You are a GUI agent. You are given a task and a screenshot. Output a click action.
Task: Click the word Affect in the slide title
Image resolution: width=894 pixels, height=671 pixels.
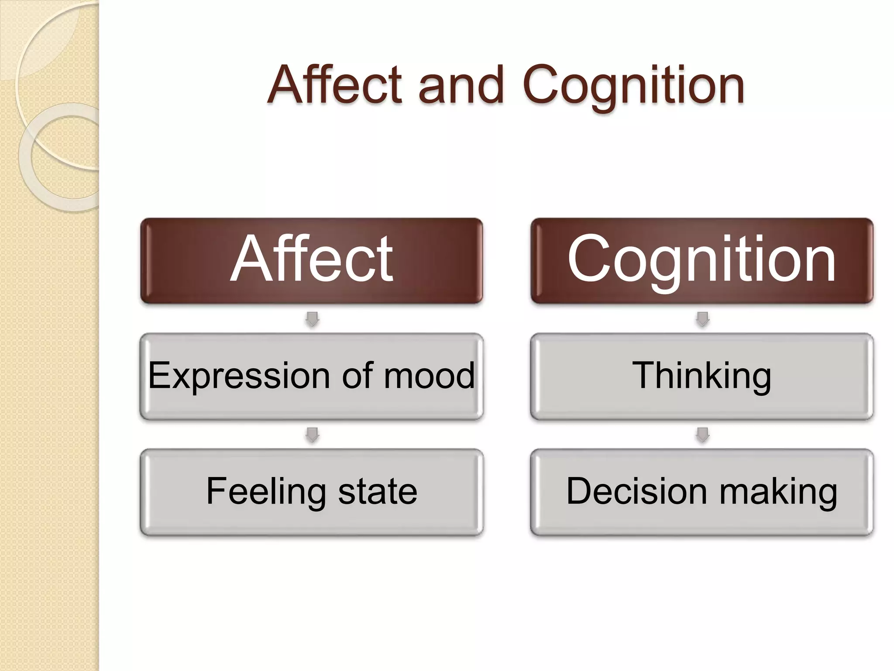334,85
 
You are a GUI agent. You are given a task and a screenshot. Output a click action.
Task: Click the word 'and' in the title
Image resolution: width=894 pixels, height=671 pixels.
461,85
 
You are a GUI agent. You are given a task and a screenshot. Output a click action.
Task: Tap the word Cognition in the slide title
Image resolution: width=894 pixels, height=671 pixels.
633,85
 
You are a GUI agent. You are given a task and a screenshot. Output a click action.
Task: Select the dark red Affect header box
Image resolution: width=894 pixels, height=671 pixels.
311,261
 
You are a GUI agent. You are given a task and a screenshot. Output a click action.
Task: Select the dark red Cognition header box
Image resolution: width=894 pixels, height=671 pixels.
701,261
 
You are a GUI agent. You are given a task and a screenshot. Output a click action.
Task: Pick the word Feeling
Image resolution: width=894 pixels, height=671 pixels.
265,491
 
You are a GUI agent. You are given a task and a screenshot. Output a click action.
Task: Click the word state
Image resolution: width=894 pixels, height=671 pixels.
378,491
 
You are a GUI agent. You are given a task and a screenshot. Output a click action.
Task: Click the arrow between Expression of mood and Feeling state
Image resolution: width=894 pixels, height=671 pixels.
312,435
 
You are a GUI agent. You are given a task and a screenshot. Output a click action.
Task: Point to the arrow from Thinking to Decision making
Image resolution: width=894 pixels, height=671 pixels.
702,435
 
